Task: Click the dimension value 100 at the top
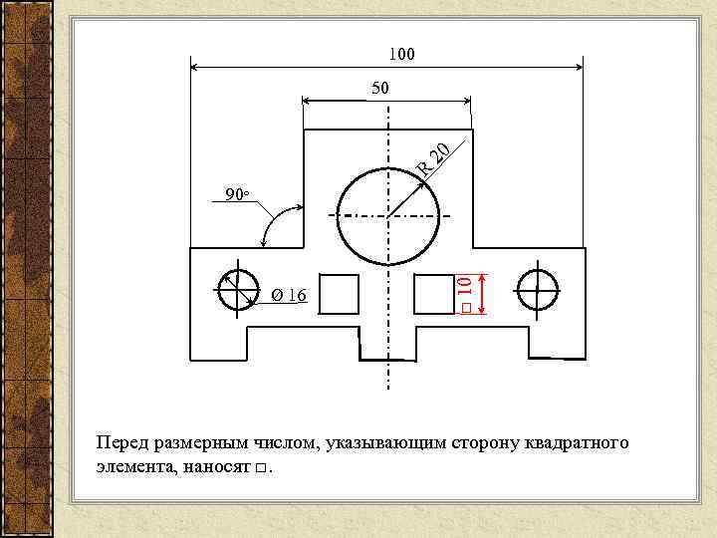[401, 53]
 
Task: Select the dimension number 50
[380, 89]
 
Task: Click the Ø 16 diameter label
[290, 295]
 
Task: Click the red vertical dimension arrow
[483, 293]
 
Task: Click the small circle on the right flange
[537, 290]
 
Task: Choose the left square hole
[339, 294]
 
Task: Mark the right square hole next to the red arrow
[434, 294]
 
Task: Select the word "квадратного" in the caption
[577, 442]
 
